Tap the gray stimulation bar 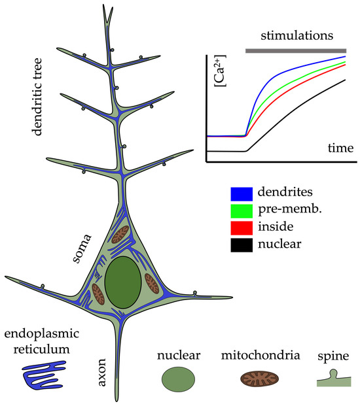296,50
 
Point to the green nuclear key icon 178,379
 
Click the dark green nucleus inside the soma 123,283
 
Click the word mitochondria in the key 261,356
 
